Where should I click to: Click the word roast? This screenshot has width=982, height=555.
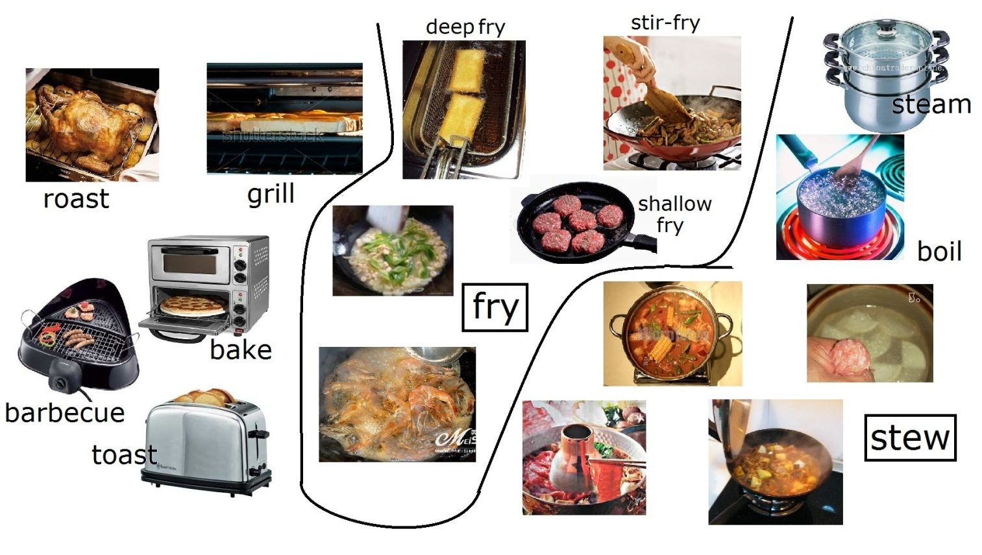click(x=76, y=198)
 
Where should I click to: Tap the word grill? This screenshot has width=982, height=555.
click(x=271, y=193)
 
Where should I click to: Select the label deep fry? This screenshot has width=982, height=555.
click(x=465, y=27)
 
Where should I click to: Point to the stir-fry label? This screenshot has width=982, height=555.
click(x=665, y=23)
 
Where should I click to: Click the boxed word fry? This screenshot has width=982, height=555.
click(x=495, y=307)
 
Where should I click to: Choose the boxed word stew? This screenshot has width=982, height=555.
click(x=910, y=438)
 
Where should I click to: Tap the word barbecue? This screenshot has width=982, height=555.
click(x=64, y=412)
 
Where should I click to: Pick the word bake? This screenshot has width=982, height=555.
click(x=240, y=350)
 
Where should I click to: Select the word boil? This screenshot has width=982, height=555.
click(x=939, y=251)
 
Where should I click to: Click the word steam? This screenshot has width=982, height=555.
click(x=931, y=104)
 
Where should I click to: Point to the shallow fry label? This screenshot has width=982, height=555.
click(x=674, y=214)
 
